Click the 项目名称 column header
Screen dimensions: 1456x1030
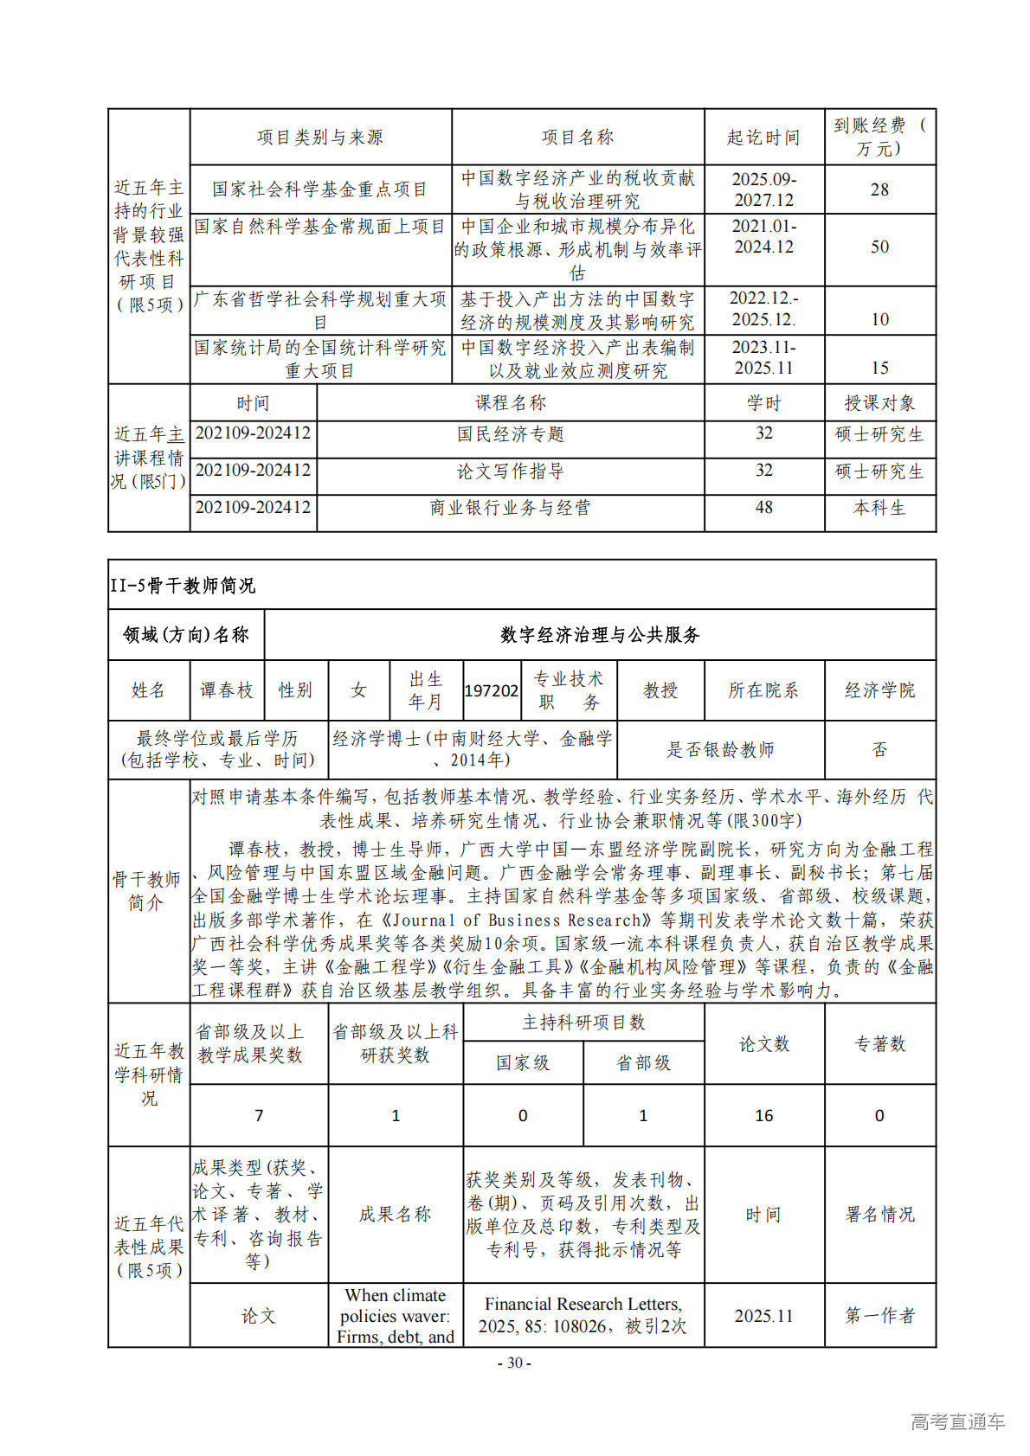click(x=577, y=138)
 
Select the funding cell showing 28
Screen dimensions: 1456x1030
click(x=879, y=189)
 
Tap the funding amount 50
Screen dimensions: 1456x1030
click(x=879, y=247)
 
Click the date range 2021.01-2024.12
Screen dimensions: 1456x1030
click(x=763, y=236)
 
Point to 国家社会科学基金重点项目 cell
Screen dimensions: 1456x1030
click(x=320, y=189)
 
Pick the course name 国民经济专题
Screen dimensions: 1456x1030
click(x=510, y=434)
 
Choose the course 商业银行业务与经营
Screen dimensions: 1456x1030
click(x=510, y=508)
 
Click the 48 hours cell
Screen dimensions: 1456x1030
click(x=763, y=508)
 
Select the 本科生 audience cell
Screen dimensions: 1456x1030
click(x=879, y=508)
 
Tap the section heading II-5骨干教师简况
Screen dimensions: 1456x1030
click(x=183, y=586)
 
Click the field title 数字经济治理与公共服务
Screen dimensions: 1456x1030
click(x=599, y=635)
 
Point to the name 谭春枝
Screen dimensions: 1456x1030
click(x=227, y=690)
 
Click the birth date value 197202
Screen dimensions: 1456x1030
click(x=492, y=690)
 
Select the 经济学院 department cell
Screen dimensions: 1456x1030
click(x=879, y=690)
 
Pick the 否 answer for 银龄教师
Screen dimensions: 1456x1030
click(x=879, y=749)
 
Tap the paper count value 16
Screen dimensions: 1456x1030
click(x=763, y=1116)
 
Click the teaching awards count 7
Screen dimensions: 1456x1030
click(x=258, y=1116)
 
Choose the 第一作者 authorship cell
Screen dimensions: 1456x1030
click(x=879, y=1316)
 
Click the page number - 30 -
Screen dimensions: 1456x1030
click(x=514, y=1363)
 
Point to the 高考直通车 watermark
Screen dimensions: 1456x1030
click(x=957, y=1421)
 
